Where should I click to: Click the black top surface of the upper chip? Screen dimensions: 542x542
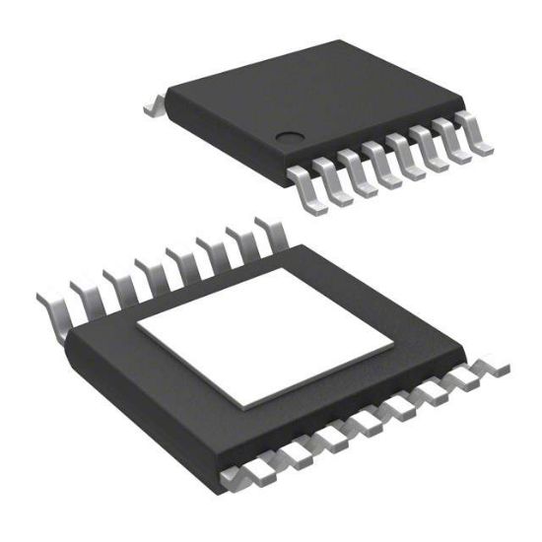pyautogui.click(x=315, y=94)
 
